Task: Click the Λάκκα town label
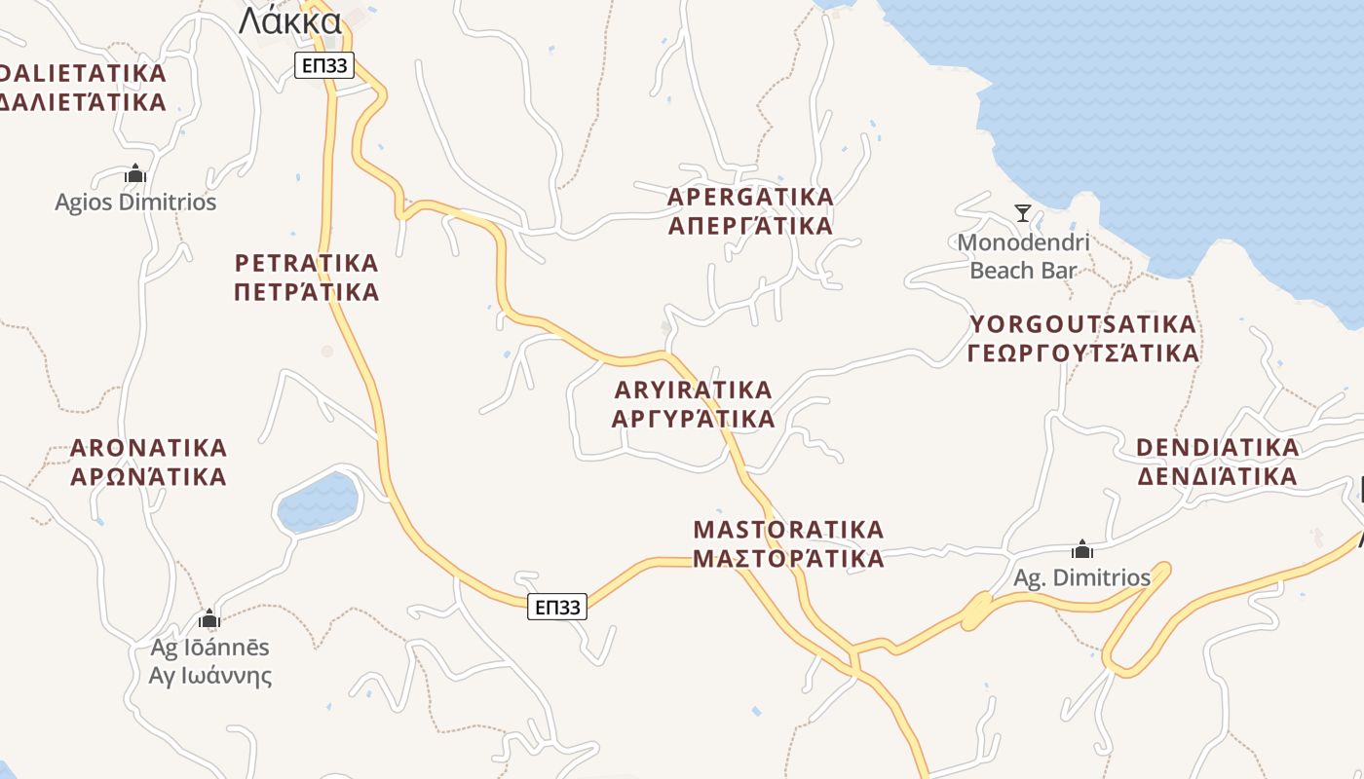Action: click(290, 20)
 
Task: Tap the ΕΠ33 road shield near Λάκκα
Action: click(323, 65)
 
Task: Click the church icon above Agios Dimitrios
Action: click(135, 174)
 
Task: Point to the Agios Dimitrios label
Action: click(135, 203)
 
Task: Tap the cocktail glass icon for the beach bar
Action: click(1023, 212)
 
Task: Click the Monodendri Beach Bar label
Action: click(1023, 256)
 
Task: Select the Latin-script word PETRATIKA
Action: click(307, 263)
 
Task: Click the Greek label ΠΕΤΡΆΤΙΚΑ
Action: click(307, 292)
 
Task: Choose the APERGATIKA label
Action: click(750, 197)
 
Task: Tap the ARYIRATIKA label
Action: click(693, 389)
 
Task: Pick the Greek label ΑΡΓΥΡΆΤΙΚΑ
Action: click(693, 419)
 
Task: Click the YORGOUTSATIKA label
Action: click(1081, 324)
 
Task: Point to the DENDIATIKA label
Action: click(1217, 448)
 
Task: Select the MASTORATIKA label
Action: click(788, 530)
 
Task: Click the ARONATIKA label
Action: click(148, 448)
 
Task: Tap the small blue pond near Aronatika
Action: click(318, 501)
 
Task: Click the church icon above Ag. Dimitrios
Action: click(1081, 550)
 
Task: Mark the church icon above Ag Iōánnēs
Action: click(209, 619)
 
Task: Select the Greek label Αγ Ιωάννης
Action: click(210, 676)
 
